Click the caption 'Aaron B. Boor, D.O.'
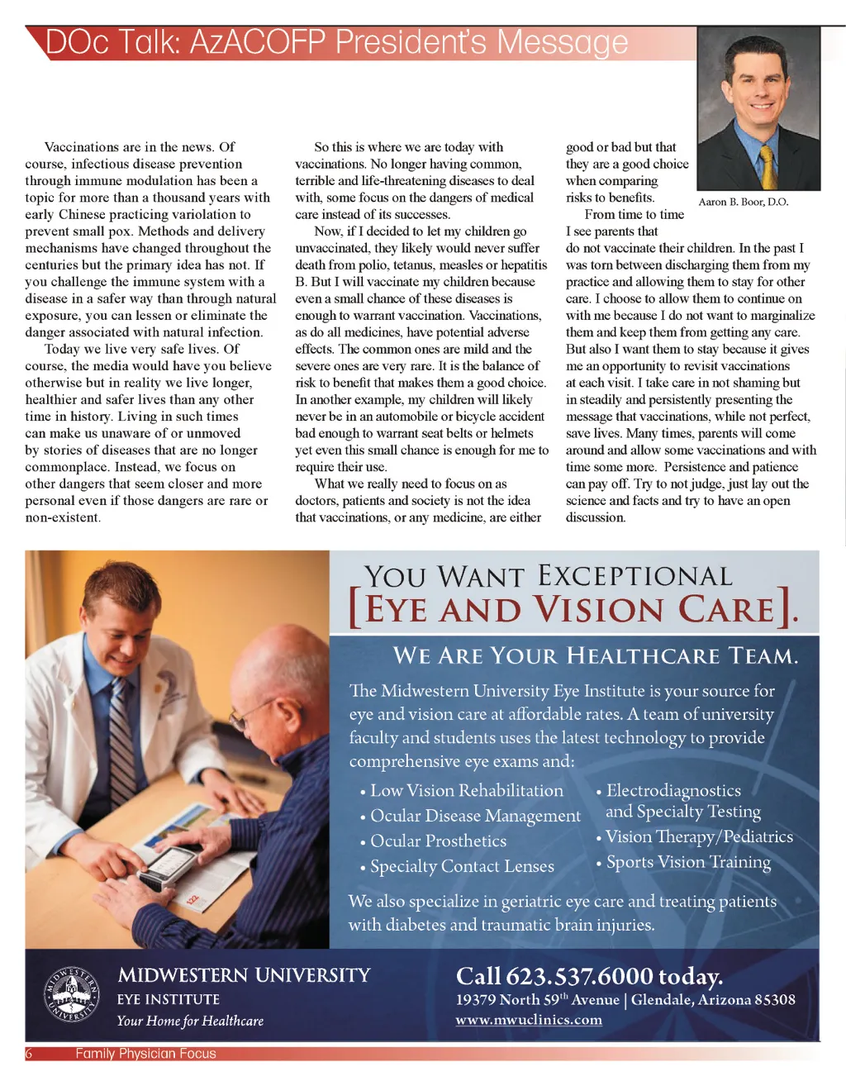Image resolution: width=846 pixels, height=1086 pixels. [743, 202]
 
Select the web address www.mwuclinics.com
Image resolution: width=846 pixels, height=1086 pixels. [529, 1020]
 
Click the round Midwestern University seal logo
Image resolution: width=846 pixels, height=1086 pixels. [71, 994]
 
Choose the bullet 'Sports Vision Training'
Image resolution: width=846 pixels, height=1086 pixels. [688, 862]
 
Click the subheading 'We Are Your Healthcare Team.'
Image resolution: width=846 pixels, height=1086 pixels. [596, 656]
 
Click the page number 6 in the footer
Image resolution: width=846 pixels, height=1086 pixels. [29, 1054]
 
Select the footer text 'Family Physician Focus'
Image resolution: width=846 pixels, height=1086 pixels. [145, 1054]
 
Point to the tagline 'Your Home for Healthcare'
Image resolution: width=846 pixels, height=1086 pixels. [190, 1022]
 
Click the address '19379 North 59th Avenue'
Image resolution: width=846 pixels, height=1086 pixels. [537, 999]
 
